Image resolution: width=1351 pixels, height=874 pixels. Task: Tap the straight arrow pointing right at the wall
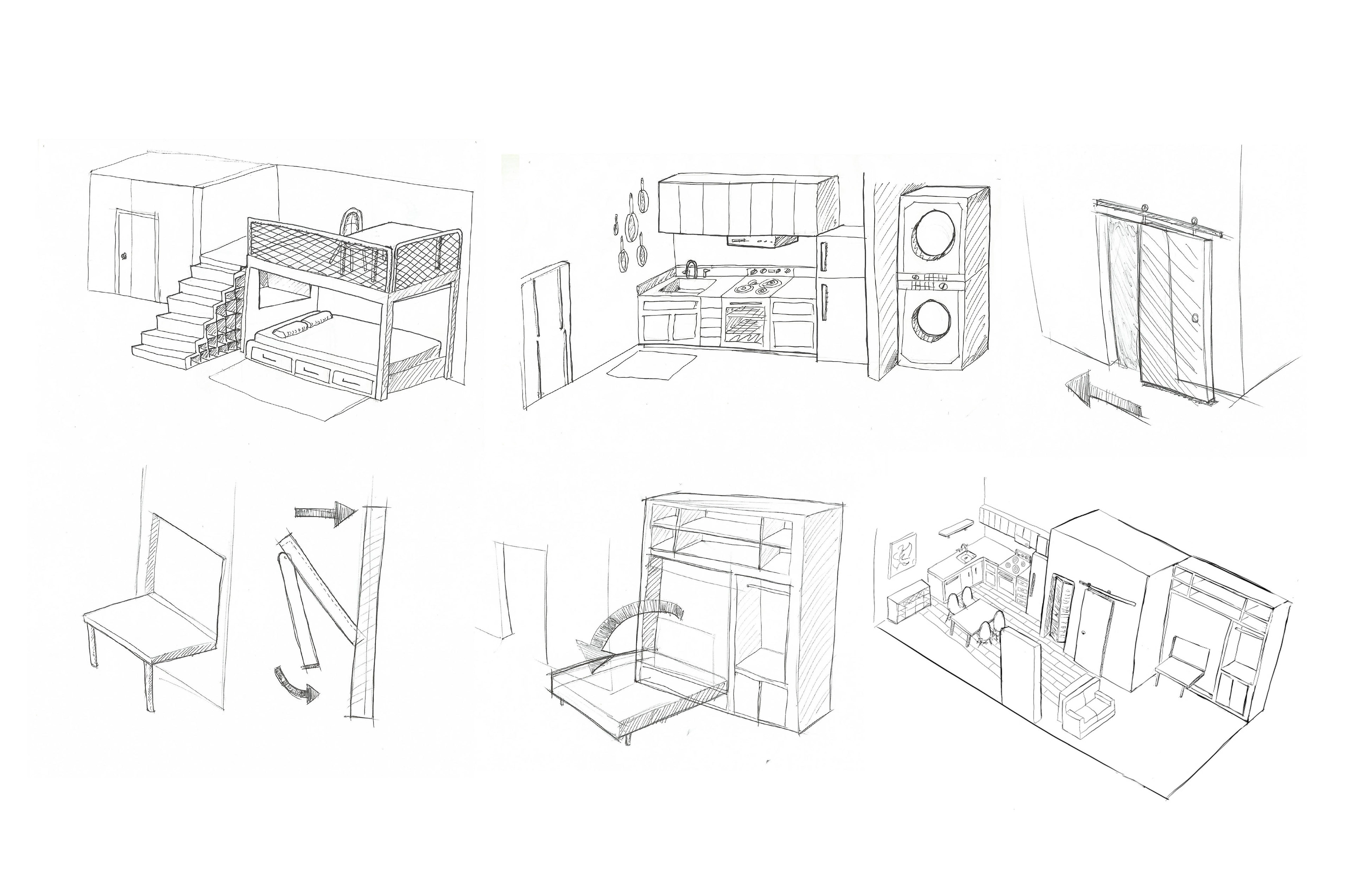point(326,511)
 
